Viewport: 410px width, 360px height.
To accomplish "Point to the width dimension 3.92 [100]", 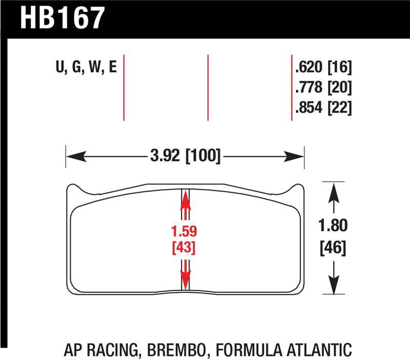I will (x=186, y=155).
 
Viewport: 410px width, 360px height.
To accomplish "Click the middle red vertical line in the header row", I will (x=208, y=87).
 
